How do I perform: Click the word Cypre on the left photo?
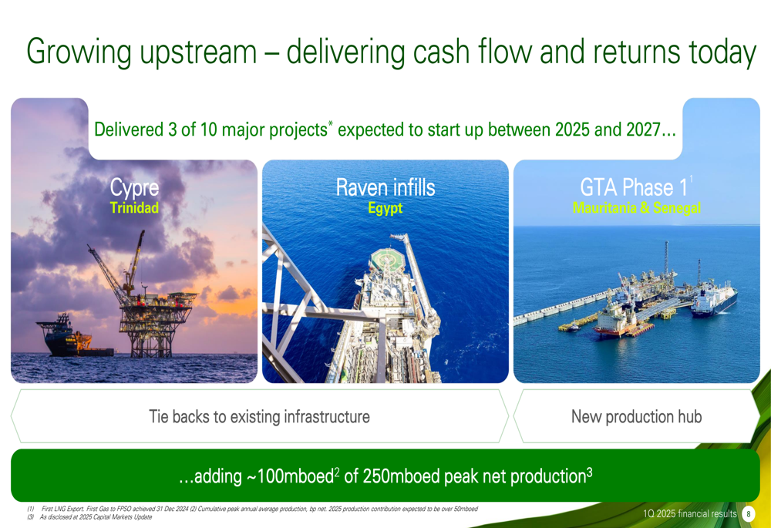click(134, 188)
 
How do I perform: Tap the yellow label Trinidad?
click(134, 208)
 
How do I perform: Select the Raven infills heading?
click(385, 187)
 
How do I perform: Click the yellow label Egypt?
click(385, 208)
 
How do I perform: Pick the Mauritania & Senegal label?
click(637, 208)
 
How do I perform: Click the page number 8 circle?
click(748, 514)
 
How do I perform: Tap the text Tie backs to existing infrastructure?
click(259, 417)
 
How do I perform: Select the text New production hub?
click(636, 417)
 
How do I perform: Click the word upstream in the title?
click(197, 52)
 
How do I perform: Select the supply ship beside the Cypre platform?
click(74, 337)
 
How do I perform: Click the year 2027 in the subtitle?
click(643, 129)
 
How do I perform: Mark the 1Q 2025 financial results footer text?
click(690, 514)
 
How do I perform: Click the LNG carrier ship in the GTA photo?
click(714, 299)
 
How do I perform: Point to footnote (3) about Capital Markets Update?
click(90, 517)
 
